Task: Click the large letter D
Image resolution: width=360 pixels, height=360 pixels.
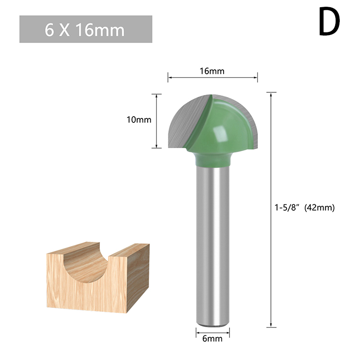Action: [x=329, y=21]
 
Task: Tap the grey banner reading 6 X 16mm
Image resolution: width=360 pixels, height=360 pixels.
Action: [x=85, y=29]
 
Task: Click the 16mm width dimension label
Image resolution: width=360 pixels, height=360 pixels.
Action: [x=211, y=71]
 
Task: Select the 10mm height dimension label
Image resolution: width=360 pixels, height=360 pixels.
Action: [x=139, y=120]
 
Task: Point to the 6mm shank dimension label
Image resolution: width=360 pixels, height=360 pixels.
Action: [x=212, y=339]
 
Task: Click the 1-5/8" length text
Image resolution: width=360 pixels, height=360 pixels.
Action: [x=288, y=207]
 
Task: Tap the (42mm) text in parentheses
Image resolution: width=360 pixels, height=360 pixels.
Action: [x=319, y=207]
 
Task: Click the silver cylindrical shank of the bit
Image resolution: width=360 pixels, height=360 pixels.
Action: [x=212, y=245]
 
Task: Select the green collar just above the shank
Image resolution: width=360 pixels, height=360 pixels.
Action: [x=212, y=159]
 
